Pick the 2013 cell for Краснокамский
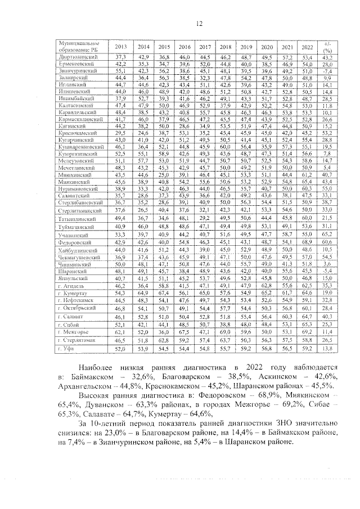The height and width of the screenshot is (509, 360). (x=120, y=132)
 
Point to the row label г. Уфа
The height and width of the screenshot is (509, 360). (x=71, y=349)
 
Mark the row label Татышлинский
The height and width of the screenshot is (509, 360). (x=82, y=217)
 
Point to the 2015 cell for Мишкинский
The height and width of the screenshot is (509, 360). (x=164, y=175)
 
